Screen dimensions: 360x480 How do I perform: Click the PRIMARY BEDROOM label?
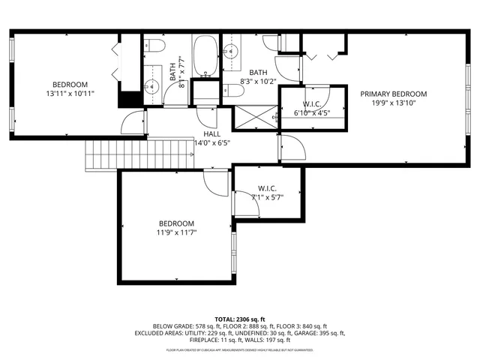pos(393,94)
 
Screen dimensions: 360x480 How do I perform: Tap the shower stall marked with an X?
pos(255,117)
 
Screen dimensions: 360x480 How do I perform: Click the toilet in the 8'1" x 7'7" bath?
pos(155,45)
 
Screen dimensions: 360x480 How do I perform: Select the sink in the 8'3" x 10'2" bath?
pos(230,52)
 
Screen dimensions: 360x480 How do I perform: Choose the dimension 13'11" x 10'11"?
pos(69,94)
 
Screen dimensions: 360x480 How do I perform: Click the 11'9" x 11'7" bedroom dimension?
pos(175,233)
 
